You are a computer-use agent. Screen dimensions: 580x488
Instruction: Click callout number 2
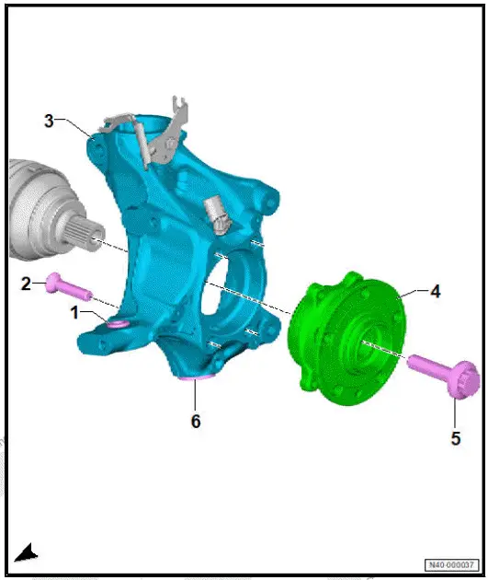click(x=28, y=283)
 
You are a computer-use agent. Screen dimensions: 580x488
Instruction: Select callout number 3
click(x=51, y=120)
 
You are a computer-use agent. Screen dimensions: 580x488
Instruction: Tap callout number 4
click(x=435, y=292)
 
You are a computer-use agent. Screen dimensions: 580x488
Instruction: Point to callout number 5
click(x=456, y=438)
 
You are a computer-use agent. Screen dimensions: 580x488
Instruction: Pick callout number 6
click(x=195, y=421)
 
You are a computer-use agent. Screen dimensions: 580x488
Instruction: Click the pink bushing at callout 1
click(x=117, y=324)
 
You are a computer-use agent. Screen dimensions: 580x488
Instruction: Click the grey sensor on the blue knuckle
click(x=218, y=213)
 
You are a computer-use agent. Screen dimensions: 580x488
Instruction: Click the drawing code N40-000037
click(x=451, y=564)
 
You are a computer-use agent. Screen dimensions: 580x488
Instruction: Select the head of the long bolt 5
click(x=463, y=384)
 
